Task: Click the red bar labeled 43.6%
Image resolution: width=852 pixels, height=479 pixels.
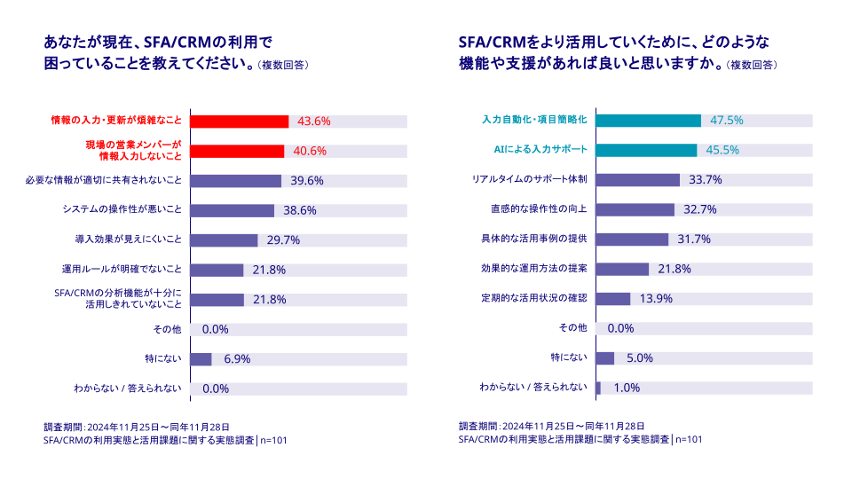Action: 240,121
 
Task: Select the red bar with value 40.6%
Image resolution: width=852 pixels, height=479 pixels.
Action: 237,151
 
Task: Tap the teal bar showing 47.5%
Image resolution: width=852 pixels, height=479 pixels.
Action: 648,121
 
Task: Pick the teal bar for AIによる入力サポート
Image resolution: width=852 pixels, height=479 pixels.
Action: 645,150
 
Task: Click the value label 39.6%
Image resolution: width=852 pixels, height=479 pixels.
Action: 307,181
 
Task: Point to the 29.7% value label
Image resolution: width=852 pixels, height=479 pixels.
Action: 283,240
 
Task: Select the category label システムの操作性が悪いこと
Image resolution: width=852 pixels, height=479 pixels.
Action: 122,210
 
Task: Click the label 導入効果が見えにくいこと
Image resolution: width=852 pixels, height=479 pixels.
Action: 128,239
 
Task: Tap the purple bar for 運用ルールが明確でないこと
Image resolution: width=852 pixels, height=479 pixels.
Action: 217,270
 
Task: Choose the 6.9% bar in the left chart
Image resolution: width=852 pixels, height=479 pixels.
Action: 201,359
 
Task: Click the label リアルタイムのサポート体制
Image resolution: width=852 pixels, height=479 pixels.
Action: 530,179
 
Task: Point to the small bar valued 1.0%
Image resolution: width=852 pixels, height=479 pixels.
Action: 598,388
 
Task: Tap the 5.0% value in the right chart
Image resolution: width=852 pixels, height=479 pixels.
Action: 639,358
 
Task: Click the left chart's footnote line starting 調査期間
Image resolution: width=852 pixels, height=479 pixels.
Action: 137,427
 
